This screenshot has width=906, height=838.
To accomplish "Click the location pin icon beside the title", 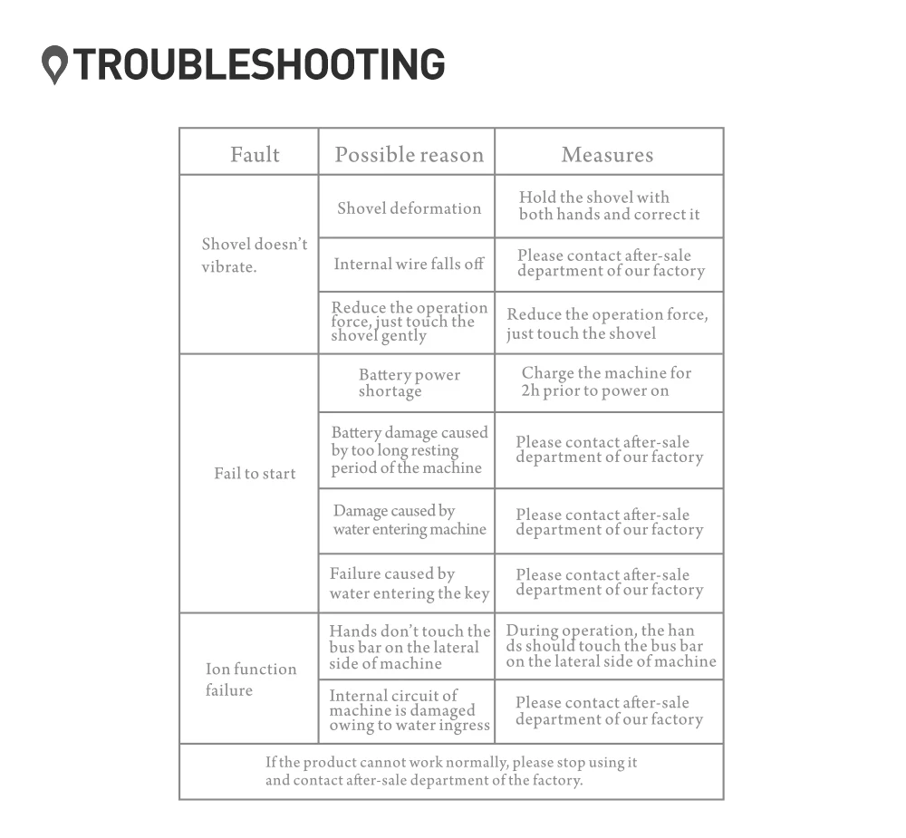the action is (55, 64).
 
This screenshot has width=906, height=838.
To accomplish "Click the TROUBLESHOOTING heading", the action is (259, 63).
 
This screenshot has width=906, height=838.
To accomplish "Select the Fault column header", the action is (255, 155).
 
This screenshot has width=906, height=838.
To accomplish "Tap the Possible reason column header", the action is (410, 155).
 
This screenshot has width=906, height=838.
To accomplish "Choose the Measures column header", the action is (607, 155).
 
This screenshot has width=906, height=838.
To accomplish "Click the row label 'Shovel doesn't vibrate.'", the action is (255, 255).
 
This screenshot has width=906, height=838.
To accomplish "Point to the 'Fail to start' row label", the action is (255, 474).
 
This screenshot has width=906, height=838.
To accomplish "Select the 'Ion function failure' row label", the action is (251, 679).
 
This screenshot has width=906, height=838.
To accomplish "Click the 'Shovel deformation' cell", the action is (410, 208).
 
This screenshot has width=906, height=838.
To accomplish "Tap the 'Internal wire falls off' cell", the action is (409, 265).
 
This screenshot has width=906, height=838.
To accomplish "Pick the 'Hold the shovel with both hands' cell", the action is (609, 206).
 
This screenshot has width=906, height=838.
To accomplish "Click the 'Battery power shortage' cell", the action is (410, 383).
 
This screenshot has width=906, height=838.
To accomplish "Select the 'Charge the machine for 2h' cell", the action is (606, 382).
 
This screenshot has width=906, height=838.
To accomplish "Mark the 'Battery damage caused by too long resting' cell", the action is (410, 450).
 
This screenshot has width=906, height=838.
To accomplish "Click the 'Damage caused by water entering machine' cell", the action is (410, 520).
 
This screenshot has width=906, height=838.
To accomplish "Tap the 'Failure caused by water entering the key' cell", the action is (410, 583).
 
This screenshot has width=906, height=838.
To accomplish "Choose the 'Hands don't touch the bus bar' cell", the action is (410, 647).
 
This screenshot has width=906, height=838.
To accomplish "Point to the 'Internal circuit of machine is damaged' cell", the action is (410, 711).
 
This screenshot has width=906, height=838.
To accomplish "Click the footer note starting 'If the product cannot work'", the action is (451, 772).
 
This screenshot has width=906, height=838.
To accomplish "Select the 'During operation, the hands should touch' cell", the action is (611, 646).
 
